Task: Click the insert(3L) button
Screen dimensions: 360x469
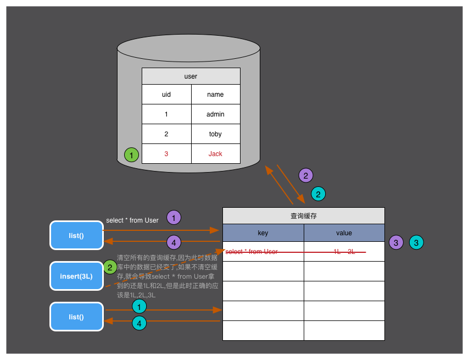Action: [x=76, y=276]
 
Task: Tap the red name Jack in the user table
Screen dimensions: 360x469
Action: [x=215, y=154]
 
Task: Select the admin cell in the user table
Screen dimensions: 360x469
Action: [x=215, y=114]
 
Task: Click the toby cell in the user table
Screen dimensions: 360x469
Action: [x=215, y=134]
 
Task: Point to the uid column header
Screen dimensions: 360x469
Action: [x=166, y=95]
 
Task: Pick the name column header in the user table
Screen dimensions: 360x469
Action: [x=215, y=95]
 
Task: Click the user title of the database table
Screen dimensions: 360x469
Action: [x=191, y=76]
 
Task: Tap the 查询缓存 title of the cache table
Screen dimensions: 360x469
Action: [x=303, y=216]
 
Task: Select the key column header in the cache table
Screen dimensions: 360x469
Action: [x=263, y=233]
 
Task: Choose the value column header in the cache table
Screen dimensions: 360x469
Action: [x=344, y=233]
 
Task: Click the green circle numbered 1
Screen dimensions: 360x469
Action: [x=132, y=155]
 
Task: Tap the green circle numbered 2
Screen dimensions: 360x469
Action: [x=110, y=268]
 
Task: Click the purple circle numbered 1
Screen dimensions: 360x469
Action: [x=174, y=218]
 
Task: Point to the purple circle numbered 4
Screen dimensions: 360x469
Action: [x=174, y=242]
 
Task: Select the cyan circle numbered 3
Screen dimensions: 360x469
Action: [x=417, y=242]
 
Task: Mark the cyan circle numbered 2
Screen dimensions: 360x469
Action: [x=318, y=193]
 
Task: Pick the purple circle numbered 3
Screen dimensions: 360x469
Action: [x=397, y=242]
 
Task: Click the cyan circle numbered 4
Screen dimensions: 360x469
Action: [x=139, y=324]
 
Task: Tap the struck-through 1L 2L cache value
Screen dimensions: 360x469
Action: [x=344, y=252]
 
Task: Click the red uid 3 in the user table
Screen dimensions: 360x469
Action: [x=166, y=154]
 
